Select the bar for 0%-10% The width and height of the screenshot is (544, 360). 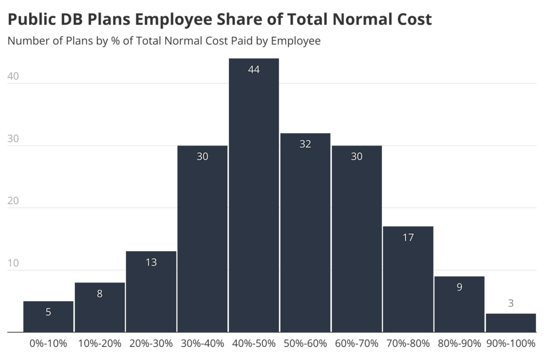48,317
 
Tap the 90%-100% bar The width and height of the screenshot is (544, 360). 511,323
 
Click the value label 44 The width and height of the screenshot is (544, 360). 254,70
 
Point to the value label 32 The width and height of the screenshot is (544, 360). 305,144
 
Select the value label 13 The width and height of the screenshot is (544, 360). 151,262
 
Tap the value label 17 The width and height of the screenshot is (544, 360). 408,237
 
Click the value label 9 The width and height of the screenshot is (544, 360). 460,287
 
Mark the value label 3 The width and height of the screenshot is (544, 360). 511,304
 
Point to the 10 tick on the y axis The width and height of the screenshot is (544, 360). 13,263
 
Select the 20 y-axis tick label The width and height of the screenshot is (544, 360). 13,201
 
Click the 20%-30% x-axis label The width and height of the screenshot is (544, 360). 151,344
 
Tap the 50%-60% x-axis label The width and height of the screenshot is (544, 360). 305,344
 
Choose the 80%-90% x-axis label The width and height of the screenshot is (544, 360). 460,344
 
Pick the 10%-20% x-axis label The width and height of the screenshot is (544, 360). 100,344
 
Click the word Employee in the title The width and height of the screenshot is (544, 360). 178,20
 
